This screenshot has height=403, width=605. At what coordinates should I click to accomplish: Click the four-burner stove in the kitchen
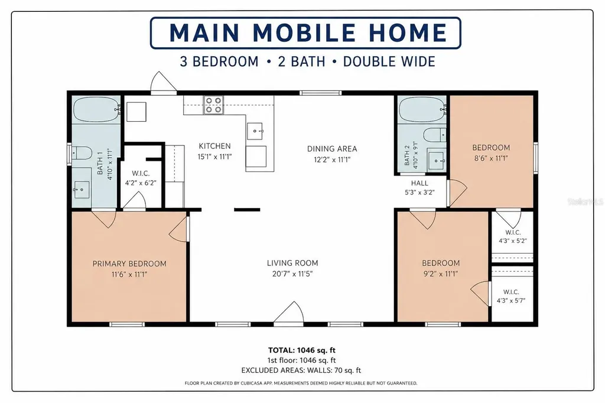coord(214,105)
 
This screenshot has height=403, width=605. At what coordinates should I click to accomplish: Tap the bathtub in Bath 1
coord(97,110)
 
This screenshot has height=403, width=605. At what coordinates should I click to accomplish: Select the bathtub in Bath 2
coord(422,110)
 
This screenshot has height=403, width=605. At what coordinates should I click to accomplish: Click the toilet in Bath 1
coord(81,153)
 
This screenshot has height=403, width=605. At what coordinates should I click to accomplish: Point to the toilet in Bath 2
coord(435,135)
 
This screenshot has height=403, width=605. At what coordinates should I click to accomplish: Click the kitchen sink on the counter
coord(255,131)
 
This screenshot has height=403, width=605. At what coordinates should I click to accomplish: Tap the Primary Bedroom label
coord(129,264)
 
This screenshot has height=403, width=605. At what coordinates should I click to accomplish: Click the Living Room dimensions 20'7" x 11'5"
coord(292,274)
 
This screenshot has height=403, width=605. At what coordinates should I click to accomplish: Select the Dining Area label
coord(332,149)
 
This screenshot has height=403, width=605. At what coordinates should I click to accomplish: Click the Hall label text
coord(419,183)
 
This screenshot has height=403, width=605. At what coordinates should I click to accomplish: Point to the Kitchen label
coord(214,146)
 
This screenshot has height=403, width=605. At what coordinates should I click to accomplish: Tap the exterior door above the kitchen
coord(163,83)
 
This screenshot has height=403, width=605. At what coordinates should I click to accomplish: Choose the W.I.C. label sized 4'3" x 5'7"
coord(511,292)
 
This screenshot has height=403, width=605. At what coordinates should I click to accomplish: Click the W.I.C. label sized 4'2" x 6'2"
coord(141,174)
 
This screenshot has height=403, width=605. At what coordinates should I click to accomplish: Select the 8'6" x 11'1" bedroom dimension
coord(491,158)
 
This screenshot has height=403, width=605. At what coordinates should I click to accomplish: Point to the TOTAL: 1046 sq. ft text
coord(302,350)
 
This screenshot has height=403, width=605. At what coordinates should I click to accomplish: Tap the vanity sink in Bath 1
coord(82,190)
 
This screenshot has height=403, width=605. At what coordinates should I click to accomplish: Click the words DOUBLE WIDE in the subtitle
coord(389,62)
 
